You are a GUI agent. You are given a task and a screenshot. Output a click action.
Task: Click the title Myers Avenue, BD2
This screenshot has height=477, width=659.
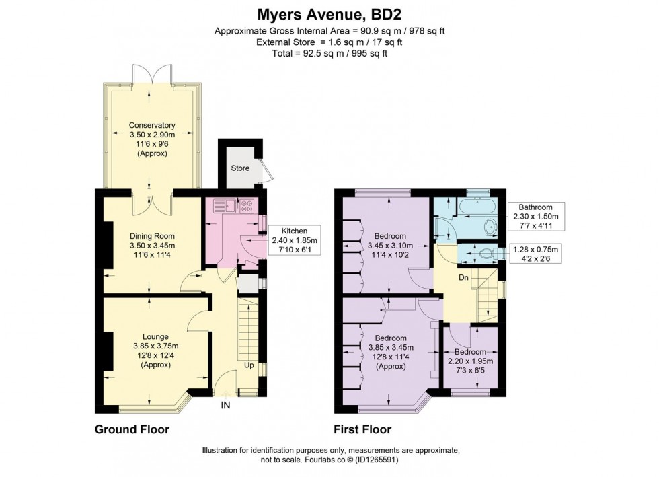(x=329, y=14)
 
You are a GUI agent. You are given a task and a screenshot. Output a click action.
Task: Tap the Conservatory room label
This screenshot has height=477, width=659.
(x=152, y=139)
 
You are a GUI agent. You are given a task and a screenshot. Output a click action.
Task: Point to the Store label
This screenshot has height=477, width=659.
(x=239, y=168)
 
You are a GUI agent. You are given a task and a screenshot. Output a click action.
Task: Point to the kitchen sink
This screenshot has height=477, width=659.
(x=227, y=205)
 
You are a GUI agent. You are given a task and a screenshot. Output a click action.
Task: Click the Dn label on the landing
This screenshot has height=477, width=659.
(x=463, y=277)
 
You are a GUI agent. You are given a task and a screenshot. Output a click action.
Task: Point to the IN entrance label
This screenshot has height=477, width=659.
(x=225, y=406)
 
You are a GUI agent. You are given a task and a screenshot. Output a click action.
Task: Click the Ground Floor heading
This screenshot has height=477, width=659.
(x=132, y=429)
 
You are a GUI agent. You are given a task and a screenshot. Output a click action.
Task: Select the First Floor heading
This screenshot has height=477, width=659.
(x=362, y=429)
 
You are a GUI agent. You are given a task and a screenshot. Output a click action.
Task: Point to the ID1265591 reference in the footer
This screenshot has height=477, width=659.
(x=418, y=460)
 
